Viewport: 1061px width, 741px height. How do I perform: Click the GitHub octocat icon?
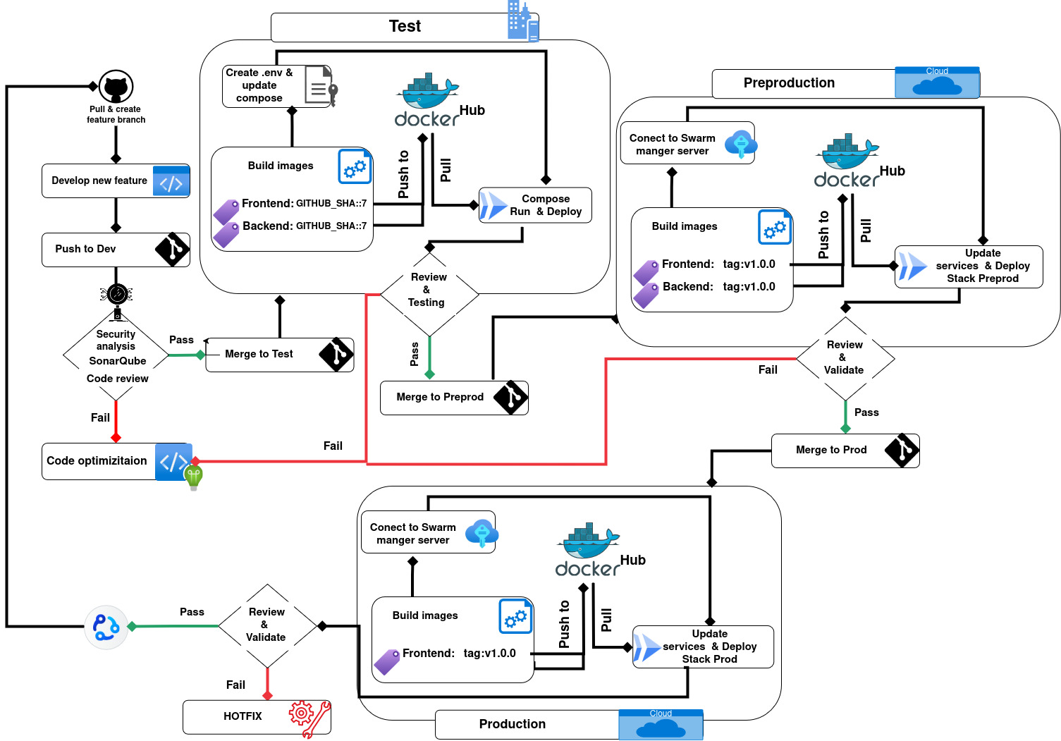pyautogui.click(x=116, y=87)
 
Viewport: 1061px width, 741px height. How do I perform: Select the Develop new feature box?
pyautogui.click(x=116, y=180)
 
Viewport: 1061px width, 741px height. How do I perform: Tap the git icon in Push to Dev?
pyautogui.click(x=173, y=250)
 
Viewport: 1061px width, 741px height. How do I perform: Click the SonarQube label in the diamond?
pyautogui.click(x=117, y=361)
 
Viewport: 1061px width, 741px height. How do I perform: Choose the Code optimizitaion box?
pyautogui.click(x=116, y=461)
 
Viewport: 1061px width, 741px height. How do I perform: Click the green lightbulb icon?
pyautogui.click(x=193, y=477)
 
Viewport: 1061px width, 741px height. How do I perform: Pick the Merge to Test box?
pyautogui.click(x=279, y=355)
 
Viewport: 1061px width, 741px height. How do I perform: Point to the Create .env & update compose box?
pyautogui.click(x=277, y=86)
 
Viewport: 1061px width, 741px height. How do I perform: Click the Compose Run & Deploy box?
pyautogui.click(x=535, y=205)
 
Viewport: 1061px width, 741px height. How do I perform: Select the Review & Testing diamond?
pyautogui.click(x=429, y=290)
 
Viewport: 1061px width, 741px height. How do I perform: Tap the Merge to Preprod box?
pyautogui.click(x=454, y=398)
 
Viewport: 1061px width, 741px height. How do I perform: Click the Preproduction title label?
pyautogui.click(x=789, y=83)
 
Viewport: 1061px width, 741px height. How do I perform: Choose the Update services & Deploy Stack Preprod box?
pyautogui.click(x=969, y=267)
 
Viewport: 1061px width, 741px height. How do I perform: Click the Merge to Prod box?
pyautogui.click(x=845, y=451)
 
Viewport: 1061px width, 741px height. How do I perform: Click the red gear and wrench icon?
pyautogui.click(x=309, y=718)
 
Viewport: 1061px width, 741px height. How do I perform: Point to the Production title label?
pyautogui.click(x=513, y=724)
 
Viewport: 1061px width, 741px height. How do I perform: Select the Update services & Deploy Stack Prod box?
pyautogui.click(x=703, y=647)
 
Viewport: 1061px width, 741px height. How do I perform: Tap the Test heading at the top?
pyautogui.click(x=405, y=27)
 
